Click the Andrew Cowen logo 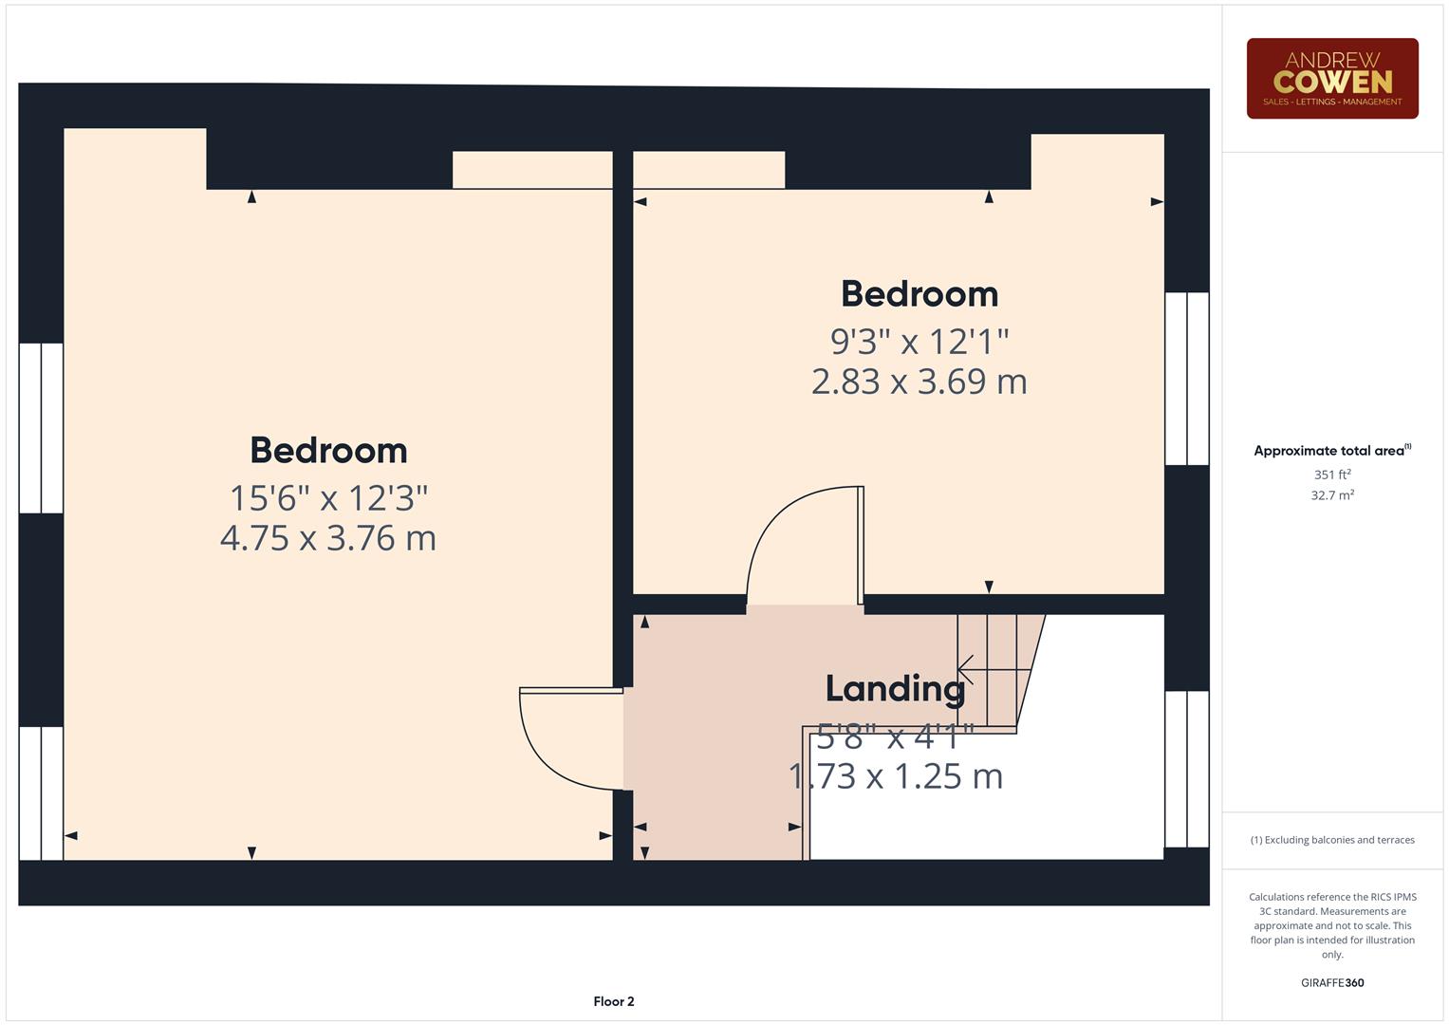point(1331,78)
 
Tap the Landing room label point(895,688)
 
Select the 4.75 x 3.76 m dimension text point(328,538)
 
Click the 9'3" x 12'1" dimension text point(919,340)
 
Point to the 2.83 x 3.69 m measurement point(919,382)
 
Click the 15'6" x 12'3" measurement point(328,496)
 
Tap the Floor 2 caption point(614,1001)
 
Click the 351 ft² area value point(1331,475)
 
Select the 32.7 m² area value point(1331,494)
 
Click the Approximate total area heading point(1331,451)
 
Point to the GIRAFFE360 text point(1331,983)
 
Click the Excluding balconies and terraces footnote point(1331,840)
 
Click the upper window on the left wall point(41,428)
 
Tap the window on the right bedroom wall point(1186,379)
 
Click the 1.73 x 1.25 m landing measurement point(895,776)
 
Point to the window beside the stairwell point(1186,769)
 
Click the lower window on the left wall point(41,793)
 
